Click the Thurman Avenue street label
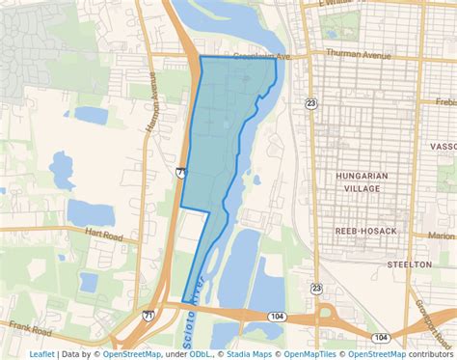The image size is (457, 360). click(359, 54)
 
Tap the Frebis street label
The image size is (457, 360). click(445, 101)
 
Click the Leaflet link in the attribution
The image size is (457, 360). click(41, 353)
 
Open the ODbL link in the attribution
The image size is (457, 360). click(175, 353)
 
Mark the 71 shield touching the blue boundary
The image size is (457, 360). click(181, 172)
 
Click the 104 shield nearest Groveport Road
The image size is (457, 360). click(381, 337)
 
